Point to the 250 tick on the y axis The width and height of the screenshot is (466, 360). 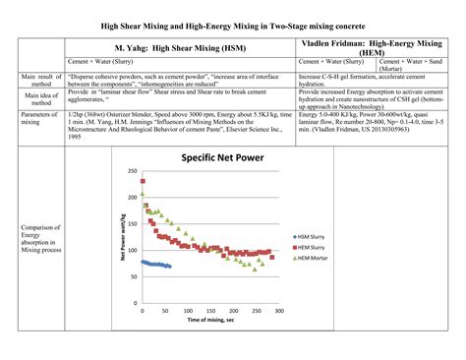[x=132, y=171]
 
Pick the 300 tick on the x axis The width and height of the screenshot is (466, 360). [x=279, y=311]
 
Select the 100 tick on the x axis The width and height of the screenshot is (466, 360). [x=188, y=311]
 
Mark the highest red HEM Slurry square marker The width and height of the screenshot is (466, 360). [x=146, y=210]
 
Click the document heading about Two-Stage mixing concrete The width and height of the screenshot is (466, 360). [x=234, y=22]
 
